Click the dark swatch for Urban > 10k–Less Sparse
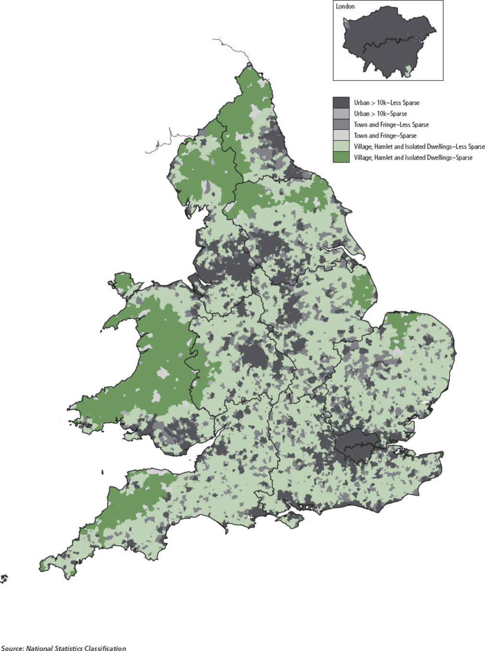click(x=341, y=102)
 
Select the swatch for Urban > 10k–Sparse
click(x=341, y=113)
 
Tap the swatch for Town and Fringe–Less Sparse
click(x=341, y=125)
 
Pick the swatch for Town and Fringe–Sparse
click(x=341, y=136)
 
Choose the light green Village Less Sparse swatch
click(x=341, y=147)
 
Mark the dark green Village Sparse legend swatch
click(x=341, y=158)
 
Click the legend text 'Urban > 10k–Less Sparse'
click(x=387, y=102)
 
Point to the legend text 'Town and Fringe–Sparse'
click(x=385, y=136)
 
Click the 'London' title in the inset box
click(x=345, y=6)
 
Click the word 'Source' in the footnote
click(x=12, y=648)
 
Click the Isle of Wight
click(x=291, y=519)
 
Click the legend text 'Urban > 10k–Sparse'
click(x=380, y=113)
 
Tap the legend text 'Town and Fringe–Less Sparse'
click(x=391, y=125)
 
